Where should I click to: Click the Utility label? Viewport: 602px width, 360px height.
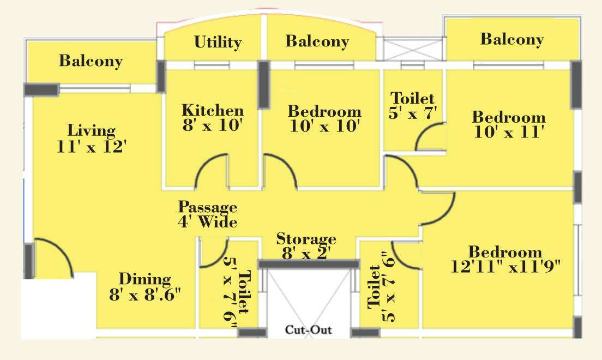coord(218,42)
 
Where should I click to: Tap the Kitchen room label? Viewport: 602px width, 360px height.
coord(213,110)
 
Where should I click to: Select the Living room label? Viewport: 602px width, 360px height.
coord(91,131)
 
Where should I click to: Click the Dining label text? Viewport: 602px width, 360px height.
coord(145,279)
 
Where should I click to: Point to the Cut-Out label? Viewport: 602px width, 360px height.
coord(308,330)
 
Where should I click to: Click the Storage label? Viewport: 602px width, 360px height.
coord(306,239)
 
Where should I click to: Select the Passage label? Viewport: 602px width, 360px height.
coord(208,207)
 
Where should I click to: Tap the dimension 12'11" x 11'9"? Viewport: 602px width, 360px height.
coord(505,267)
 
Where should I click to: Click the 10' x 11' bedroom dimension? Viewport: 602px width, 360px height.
coord(509,132)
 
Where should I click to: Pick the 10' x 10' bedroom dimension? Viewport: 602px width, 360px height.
coord(324,126)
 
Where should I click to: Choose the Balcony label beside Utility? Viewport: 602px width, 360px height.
coord(317,41)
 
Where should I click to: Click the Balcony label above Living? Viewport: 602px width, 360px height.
coord(91,61)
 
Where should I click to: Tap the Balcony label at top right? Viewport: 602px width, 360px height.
coord(511,39)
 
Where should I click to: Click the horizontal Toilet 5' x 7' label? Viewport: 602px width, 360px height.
coord(413,99)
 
